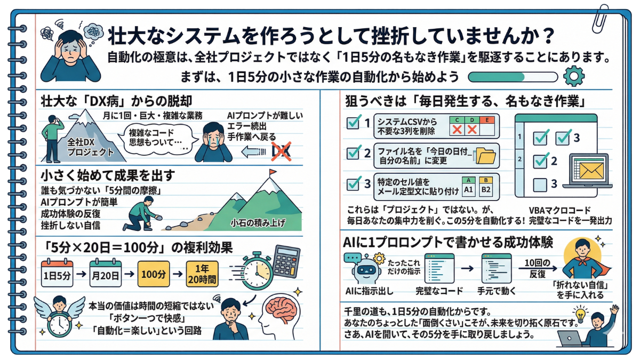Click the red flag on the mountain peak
(273, 174)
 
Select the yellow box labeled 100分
(154, 275)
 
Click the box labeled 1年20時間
(202, 275)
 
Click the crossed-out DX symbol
(279, 151)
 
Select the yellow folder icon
(485, 155)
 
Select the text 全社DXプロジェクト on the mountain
(91, 148)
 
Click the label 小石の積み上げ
(258, 222)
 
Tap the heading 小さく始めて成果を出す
(101, 174)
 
